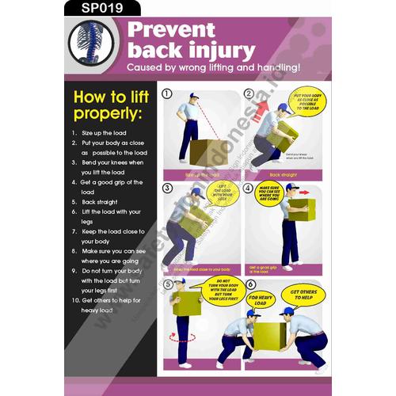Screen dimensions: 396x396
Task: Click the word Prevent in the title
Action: click(172, 32)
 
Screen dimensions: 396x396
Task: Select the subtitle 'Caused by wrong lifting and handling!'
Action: click(214, 68)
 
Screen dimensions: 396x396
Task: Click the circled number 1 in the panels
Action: click(167, 93)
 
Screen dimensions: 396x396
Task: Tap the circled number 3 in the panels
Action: click(167, 188)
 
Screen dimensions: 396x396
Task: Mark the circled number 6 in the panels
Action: click(250, 284)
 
